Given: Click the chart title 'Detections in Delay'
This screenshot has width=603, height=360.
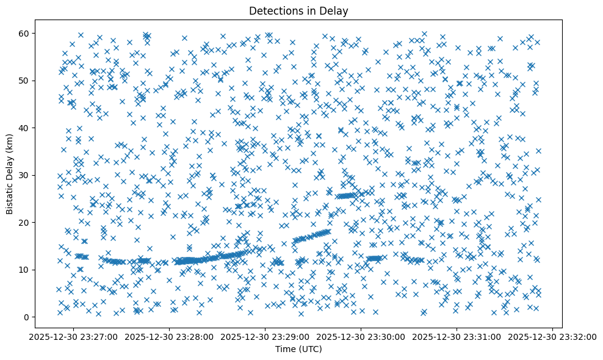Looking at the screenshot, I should tap(298, 10).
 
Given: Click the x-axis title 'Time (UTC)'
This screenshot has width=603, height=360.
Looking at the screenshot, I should tap(298, 349).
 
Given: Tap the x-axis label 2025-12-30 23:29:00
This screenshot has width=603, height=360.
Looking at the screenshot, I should tap(265, 336).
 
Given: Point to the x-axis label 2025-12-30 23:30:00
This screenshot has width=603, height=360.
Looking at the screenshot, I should tap(361, 336).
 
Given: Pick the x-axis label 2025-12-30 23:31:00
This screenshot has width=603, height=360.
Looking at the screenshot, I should tap(457, 336).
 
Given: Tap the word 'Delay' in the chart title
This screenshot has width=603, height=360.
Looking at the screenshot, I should tap(334, 10).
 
